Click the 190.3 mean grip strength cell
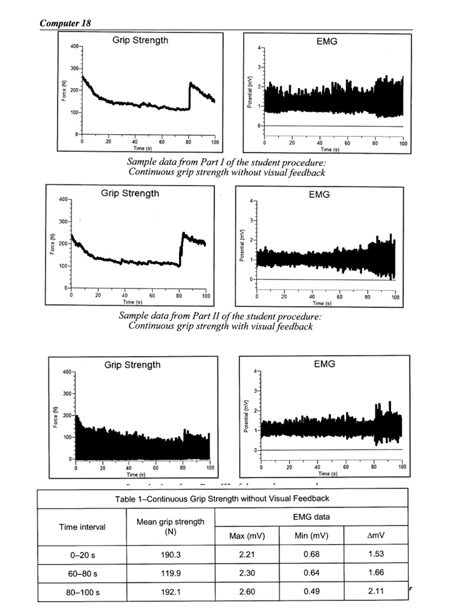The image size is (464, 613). coord(171,554)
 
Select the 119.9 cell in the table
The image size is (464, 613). coord(171,573)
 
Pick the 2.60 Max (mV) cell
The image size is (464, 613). coord(247,591)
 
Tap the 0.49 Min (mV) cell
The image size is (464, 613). coord(311,591)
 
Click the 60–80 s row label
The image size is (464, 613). coord(82,573)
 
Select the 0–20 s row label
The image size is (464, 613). coord(82,554)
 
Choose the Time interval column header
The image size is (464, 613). coord(82,527)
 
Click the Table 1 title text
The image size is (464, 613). coord(222,498)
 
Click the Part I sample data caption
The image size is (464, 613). coord(227,167)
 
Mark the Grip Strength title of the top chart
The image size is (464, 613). coord(140,41)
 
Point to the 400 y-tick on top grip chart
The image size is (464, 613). coord(74,46)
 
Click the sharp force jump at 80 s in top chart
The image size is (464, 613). coord(190,96)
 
